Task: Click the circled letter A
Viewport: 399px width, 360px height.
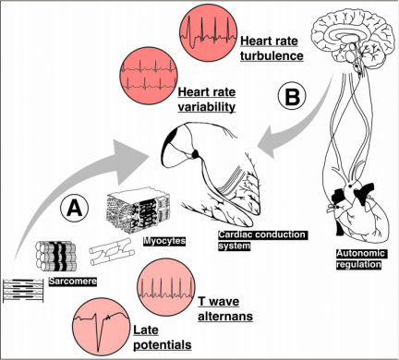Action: [75, 209]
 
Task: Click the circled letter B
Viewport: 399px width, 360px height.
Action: [292, 96]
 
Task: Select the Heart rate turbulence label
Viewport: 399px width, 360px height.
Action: [272, 49]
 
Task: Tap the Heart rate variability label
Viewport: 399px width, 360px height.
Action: [207, 100]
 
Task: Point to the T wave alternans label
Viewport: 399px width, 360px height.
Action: [225, 308]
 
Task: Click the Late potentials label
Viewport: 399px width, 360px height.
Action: [163, 337]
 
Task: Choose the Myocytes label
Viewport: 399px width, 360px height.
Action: [164, 241]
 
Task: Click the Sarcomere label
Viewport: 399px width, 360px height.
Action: [73, 281]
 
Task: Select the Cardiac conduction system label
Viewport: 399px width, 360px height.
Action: [262, 240]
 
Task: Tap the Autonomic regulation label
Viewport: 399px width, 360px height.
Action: [360, 258]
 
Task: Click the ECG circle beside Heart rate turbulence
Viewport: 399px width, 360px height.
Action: [209, 32]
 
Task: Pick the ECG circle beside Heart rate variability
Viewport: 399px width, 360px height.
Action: [149, 75]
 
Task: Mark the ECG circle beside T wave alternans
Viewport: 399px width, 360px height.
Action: [166, 287]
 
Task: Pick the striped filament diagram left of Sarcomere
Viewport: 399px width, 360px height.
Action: [23, 290]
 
